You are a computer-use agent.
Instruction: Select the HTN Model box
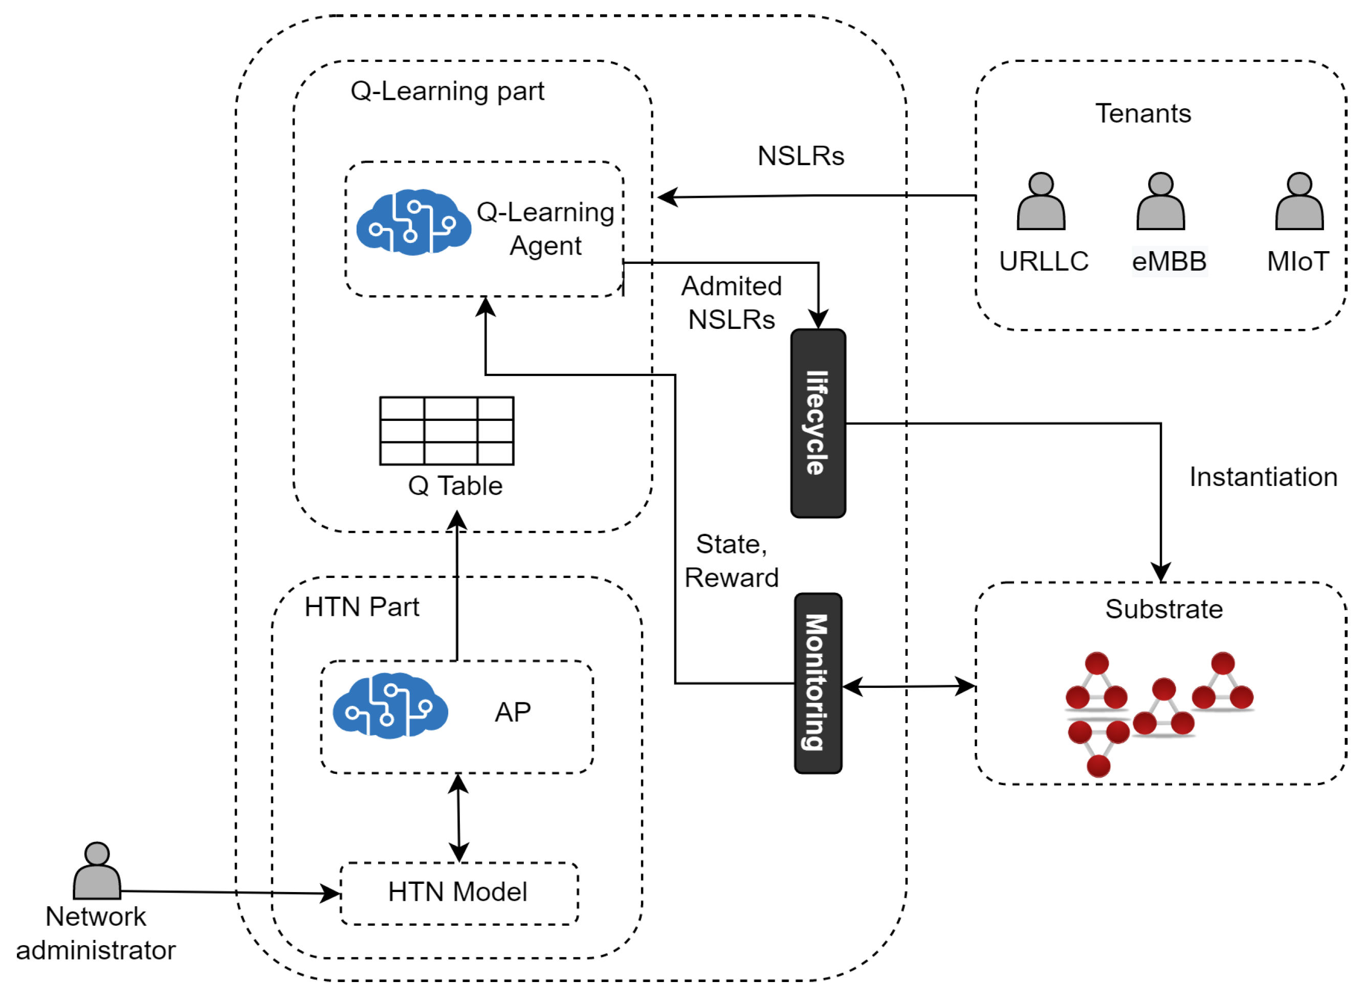coord(458,893)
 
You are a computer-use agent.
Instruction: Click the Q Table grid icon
coord(447,431)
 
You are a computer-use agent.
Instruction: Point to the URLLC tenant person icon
coord(1041,202)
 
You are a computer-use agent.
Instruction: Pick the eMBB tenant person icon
coord(1160,202)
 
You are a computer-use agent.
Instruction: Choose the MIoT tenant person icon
coord(1299,202)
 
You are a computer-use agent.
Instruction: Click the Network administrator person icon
coord(97,871)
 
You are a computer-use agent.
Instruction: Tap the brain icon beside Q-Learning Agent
coord(413,222)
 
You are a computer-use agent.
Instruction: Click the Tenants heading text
coord(1143,114)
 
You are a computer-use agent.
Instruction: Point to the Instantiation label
coord(1263,477)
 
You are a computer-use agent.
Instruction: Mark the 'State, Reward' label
coord(731,561)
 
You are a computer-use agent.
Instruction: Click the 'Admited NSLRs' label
coord(731,303)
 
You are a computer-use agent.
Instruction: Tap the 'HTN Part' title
coord(362,607)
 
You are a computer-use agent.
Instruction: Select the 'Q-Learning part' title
coord(447,91)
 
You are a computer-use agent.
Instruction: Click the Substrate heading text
coord(1163,609)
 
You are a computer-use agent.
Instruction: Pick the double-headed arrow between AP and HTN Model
coord(458,818)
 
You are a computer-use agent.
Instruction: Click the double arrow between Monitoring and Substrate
coord(909,686)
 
